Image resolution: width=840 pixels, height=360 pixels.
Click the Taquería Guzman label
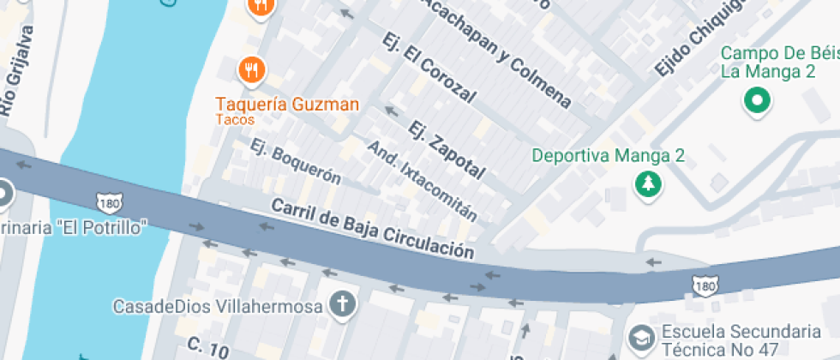(x=286, y=105)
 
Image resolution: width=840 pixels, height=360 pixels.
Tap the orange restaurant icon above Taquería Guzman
(x=250, y=69)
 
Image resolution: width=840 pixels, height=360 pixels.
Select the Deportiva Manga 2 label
(x=609, y=156)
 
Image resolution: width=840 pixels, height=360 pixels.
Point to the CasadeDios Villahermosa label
(x=219, y=305)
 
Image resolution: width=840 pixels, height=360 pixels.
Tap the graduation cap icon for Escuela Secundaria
(x=639, y=337)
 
